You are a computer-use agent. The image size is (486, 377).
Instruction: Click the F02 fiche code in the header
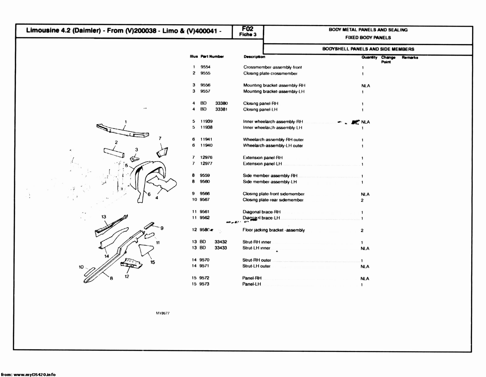[x=248, y=29]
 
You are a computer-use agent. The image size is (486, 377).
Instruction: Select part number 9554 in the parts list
[x=206, y=67]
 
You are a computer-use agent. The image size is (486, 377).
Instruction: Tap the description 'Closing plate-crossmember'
[x=270, y=74]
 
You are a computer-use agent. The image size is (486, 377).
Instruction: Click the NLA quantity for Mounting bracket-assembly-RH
[x=366, y=86]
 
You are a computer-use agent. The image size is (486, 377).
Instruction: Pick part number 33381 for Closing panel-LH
[x=221, y=109]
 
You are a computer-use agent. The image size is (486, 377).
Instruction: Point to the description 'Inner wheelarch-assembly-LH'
[x=272, y=128]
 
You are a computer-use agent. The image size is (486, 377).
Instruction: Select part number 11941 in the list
[x=206, y=139]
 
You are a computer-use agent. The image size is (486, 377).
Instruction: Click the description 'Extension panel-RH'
[x=263, y=158]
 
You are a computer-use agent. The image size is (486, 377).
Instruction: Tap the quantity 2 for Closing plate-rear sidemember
[x=362, y=200]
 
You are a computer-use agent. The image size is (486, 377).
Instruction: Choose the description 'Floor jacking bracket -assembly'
[x=274, y=230]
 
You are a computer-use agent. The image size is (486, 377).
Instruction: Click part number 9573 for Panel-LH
[x=204, y=284]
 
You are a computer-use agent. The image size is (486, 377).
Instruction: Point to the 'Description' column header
[x=254, y=57]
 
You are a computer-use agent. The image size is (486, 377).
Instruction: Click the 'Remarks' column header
[x=410, y=57]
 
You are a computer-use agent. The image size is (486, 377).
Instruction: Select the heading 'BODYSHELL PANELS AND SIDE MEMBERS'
[x=368, y=49]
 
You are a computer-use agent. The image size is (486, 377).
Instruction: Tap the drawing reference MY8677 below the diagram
[x=163, y=313]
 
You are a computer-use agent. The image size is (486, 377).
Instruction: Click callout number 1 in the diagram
[x=126, y=122]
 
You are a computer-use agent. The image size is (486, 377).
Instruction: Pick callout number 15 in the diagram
[x=152, y=262]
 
